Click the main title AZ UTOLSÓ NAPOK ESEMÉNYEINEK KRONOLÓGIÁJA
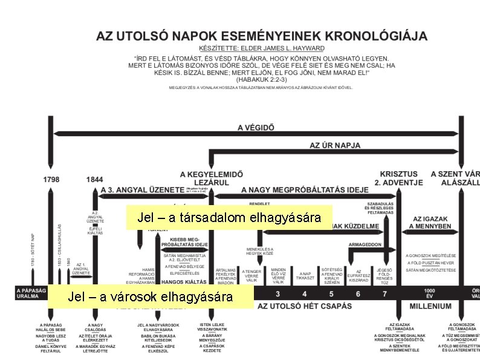tap(262, 36)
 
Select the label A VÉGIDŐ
tap(256, 128)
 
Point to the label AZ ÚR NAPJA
tap(334, 145)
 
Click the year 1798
tap(51, 179)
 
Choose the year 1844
tap(95, 179)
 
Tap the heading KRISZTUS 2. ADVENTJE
tap(399, 178)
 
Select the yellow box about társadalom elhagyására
tap(229, 217)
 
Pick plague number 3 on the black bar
tap(277, 294)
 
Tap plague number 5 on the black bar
tap(331, 294)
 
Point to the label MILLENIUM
tap(430, 306)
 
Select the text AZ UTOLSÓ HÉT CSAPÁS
tap(305, 306)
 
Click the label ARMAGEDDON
tap(365, 244)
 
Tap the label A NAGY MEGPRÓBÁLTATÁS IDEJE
tap(305, 189)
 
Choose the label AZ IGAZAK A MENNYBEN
tap(432, 223)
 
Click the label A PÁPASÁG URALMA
tap(31, 293)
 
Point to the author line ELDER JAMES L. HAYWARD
tap(262, 48)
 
